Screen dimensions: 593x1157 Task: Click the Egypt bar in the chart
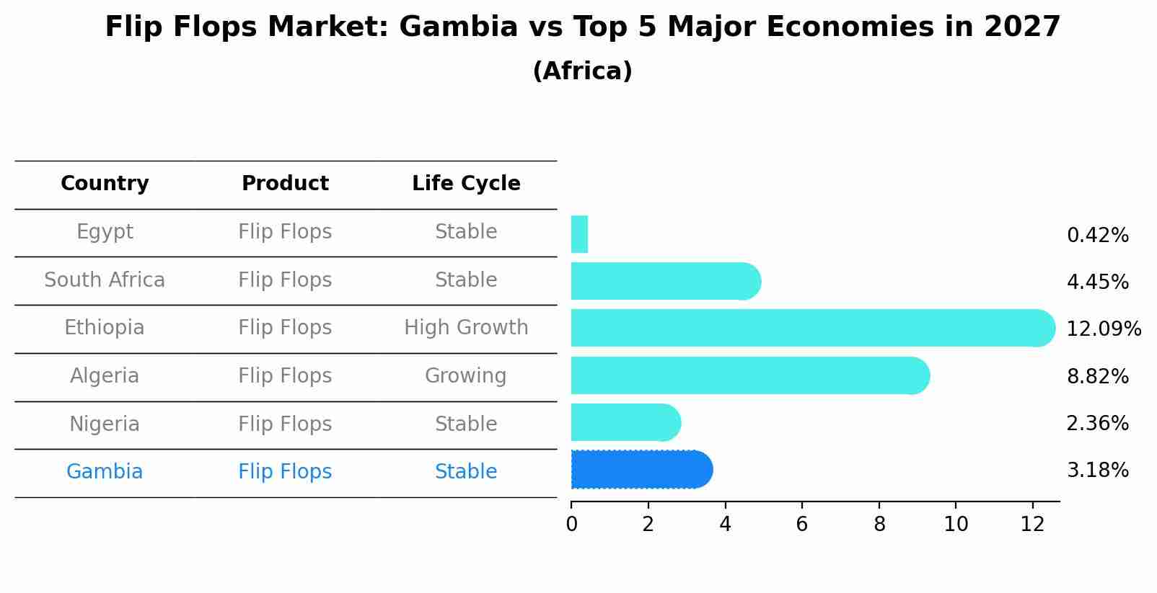click(x=579, y=234)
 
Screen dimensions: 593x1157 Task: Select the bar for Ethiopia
click(x=808, y=328)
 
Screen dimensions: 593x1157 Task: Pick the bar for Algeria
click(x=747, y=375)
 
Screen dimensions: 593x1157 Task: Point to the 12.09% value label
click(x=1103, y=329)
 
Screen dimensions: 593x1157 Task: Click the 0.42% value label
click(x=1097, y=236)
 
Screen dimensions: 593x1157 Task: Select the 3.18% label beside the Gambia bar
click(x=1097, y=471)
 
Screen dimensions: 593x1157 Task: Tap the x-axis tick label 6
click(x=801, y=525)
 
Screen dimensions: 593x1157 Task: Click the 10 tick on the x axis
click(x=956, y=525)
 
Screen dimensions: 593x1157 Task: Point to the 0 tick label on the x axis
click(x=571, y=525)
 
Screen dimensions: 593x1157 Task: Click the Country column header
click(x=105, y=184)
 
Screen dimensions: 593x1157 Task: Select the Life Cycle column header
click(x=466, y=184)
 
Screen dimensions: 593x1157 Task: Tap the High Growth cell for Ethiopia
click(x=466, y=328)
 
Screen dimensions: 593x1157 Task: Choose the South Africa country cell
click(x=105, y=280)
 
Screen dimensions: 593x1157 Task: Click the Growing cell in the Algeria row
click(x=466, y=375)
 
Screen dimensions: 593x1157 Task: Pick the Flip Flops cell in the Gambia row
click(x=285, y=472)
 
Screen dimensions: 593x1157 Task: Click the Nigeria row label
click(x=105, y=424)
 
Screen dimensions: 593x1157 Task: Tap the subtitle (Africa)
click(x=582, y=71)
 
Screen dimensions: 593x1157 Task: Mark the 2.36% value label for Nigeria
click(x=1097, y=423)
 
